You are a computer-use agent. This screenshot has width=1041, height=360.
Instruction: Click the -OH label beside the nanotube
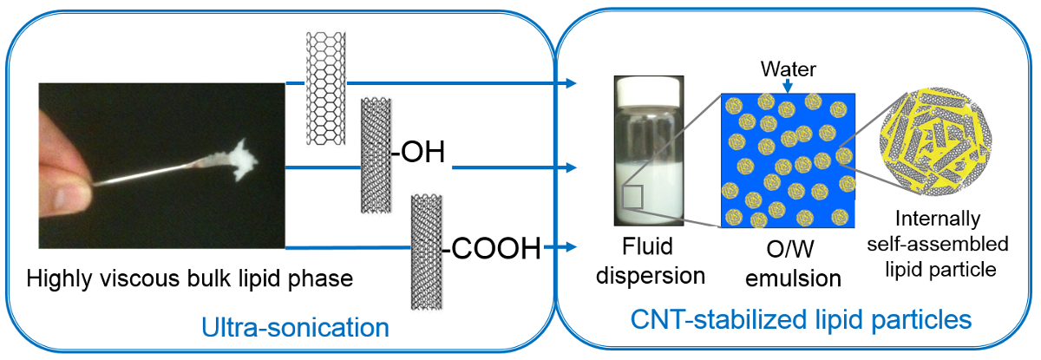coord(418,154)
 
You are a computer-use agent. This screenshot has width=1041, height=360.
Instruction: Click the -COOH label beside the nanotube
coord(492,249)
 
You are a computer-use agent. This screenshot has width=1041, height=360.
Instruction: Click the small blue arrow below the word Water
coord(785,84)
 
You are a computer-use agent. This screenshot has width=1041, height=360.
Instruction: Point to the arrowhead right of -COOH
coord(573,249)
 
